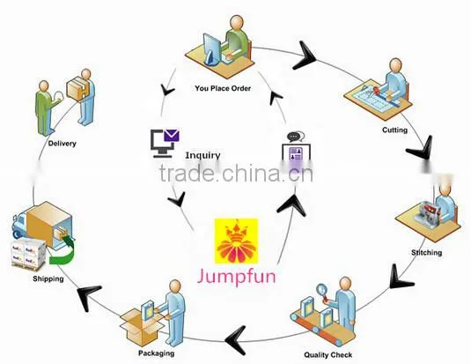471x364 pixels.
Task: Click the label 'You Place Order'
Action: [x=223, y=88]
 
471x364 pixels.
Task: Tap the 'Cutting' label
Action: [x=394, y=130]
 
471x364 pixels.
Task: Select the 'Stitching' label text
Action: [x=427, y=252]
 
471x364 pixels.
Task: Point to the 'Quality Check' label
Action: [x=328, y=355]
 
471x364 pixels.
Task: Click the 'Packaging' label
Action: [x=156, y=353]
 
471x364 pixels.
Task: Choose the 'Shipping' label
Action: [x=48, y=279]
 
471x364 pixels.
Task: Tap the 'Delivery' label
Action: [x=63, y=143]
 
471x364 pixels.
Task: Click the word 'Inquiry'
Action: [x=202, y=155]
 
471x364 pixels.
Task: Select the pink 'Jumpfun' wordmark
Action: [x=236, y=276]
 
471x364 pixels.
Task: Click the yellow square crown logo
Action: [x=236, y=241]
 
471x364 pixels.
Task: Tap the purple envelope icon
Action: [x=171, y=136]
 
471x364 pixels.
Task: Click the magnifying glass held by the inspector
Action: [x=322, y=291]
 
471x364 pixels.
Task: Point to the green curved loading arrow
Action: [x=68, y=253]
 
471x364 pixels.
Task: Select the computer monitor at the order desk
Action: [x=211, y=49]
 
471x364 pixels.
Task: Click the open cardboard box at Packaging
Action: [x=141, y=326]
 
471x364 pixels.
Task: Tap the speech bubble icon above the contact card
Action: [x=296, y=137]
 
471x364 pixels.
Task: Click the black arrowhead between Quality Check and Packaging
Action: [x=237, y=340]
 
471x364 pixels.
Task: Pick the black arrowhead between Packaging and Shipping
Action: [x=88, y=296]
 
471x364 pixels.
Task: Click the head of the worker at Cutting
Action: [x=395, y=66]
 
